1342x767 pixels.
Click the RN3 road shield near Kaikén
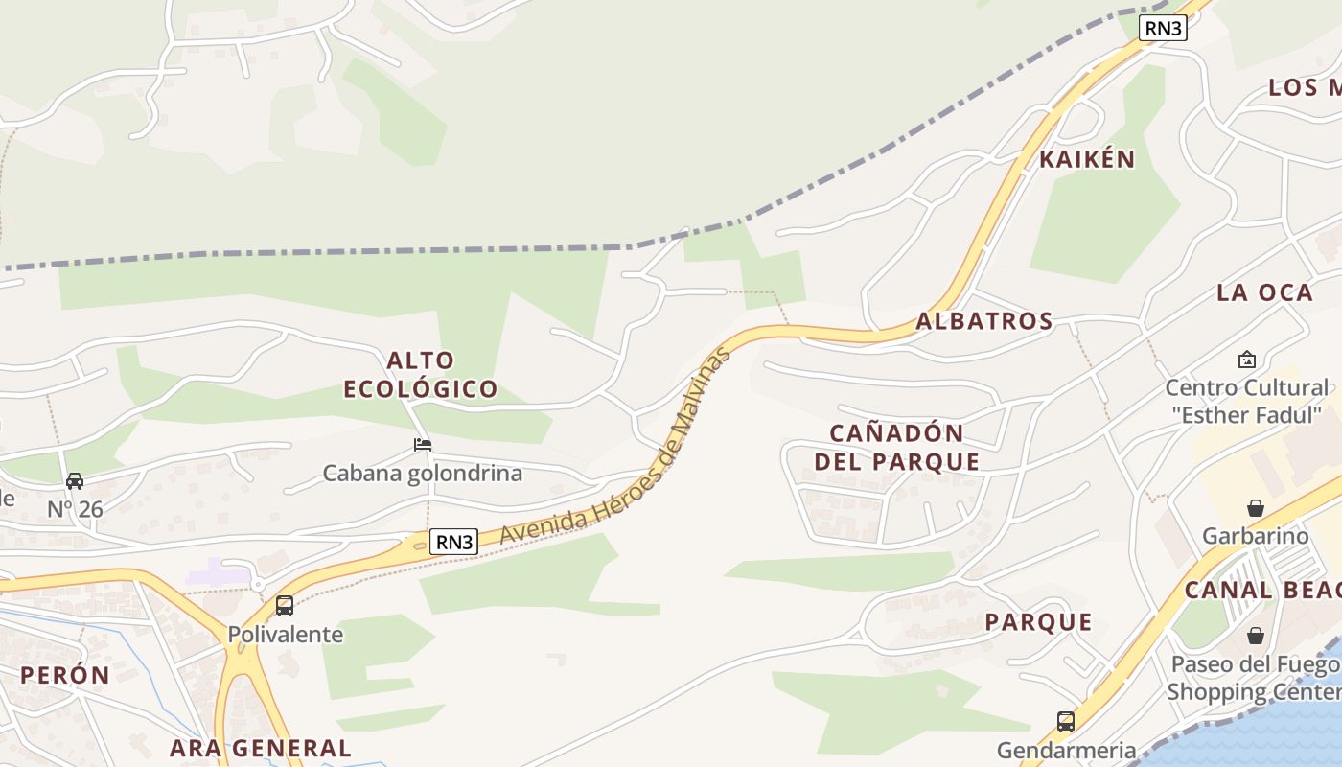(x=1163, y=28)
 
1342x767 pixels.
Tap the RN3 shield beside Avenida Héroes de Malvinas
(x=453, y=542)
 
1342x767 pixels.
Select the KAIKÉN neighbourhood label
(x=1087, y=159)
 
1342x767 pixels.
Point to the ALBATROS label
(x=984, y=321)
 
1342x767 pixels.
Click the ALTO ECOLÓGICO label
(x=421, y=375)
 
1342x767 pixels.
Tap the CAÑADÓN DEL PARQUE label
(x=897, y=447)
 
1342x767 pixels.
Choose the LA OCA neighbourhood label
(x=1264, y=293)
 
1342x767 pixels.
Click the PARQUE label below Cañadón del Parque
(x=1039, y=622)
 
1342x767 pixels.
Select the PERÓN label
(x=65, y=675)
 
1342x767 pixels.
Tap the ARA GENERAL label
(x=261, y=748)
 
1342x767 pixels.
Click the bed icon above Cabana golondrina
(x=422, y=445)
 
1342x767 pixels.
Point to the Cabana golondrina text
(x=422, y=473)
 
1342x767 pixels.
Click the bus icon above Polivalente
(x=285, y=606)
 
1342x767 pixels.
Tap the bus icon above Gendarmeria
(x=1065, y=722)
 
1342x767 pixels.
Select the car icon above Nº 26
(x=75, y=481)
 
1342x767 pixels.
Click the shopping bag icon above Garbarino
(x=1255, y=508)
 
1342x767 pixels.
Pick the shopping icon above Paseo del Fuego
(x=1255, y=636)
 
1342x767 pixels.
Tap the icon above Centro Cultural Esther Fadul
(x=1246, y=360)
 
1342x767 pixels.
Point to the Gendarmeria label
(x=1066, y=750)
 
